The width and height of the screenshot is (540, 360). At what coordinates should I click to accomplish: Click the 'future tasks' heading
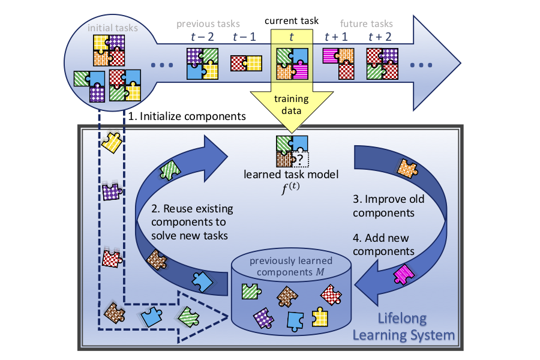[366, 25]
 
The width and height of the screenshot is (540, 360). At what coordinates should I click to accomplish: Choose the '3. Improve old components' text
[384, 207]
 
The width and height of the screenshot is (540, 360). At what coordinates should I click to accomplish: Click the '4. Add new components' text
[384, 244]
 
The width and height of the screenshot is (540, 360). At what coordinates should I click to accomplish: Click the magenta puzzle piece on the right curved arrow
[402, 274]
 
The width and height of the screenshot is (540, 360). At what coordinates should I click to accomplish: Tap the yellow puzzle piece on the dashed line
[112, 142]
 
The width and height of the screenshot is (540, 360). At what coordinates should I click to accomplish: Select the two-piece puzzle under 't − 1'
[247, 64]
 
